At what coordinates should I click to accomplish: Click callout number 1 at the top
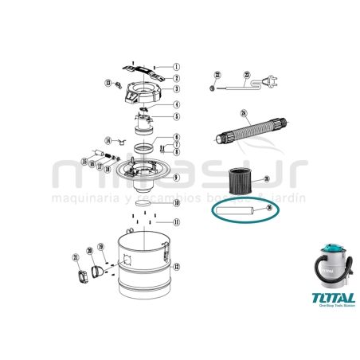177,67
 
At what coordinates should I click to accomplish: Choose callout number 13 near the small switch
108,83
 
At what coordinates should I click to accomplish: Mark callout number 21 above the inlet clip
76,257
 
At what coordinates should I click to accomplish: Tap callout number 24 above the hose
245,112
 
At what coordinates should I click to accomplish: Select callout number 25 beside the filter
267,179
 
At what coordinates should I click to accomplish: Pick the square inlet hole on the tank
126,260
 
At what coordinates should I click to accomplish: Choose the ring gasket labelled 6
141,149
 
